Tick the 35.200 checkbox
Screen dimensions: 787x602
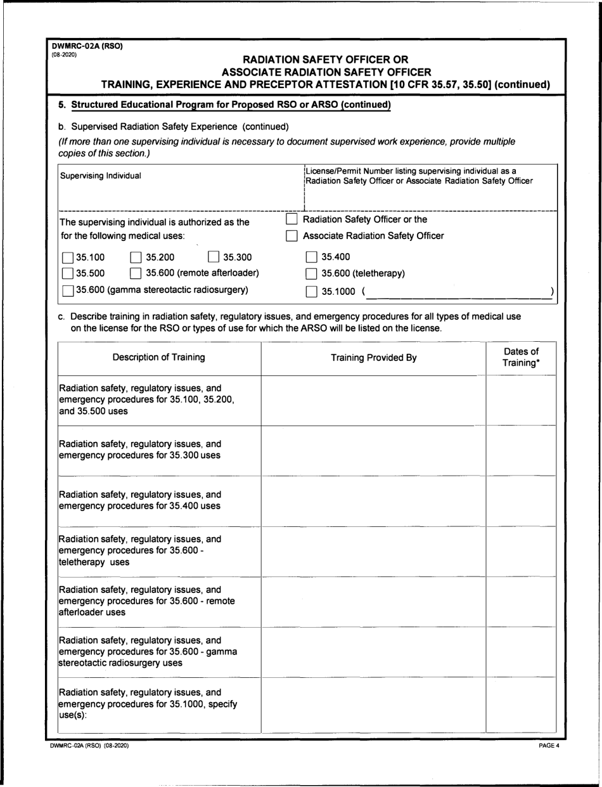tap(136, 257)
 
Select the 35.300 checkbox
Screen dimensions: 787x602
tap(214, 257)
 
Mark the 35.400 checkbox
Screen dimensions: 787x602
tap(311, 257)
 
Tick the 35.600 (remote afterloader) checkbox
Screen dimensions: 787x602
tap(136, 274)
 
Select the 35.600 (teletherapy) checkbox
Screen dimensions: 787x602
tap(311, 274)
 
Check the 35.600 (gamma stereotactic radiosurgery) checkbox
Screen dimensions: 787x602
tap(68, 290)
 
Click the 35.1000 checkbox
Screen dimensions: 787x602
tap(311, 292)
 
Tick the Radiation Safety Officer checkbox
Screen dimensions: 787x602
tap(292, 219)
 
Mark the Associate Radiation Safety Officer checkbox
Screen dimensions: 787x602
tap(292, 237)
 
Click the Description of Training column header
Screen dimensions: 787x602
tap(158, 357)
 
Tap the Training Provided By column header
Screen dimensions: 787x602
tap(374, 358)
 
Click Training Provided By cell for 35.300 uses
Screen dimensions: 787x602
tap(374, 450)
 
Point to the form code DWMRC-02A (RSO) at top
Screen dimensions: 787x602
tap(87, 46)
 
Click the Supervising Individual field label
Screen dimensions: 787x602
tap(101, 176)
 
